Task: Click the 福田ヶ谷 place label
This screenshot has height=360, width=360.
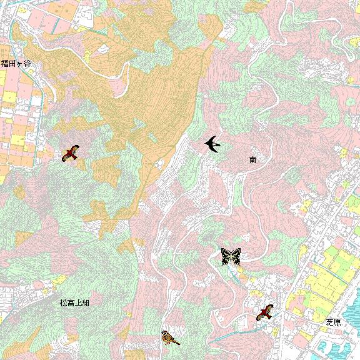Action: pyautogui.click(x=16, y=63)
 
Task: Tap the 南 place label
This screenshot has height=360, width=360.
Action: pyautogui.click(x=252, y=160)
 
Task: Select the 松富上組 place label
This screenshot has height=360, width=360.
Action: pyautogui.click(x=74, y=302)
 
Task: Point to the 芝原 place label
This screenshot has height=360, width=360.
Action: pyautogui.click(x=333, y=322)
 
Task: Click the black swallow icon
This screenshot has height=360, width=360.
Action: pyautogui.click(x=212, y=144)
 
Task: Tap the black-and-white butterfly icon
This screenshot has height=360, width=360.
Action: pyautogui.click(x=231, y=256)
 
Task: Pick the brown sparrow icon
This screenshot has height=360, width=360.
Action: pyautogui.click(x=170, y=338)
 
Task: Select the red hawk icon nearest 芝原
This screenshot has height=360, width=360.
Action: pyautogui.click(x=266, y=312)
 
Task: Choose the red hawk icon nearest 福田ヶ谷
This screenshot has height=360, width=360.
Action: pyautogui.click(x=71, y=152)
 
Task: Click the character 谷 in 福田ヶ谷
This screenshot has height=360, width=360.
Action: pyautogui.click(x=28, y=63)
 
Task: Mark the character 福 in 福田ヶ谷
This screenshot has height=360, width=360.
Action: pyautogui.click(x=4, y=63)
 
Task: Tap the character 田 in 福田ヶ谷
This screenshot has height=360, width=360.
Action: pyautogui.click(x=12, y=63)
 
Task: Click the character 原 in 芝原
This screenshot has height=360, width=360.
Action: pyautogui.click(x=337, y=322)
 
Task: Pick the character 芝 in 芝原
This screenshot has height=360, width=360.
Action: pyautogui.click(x=329, y=322)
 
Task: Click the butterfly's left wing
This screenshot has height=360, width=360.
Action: pyautogui.click(x=226, y=256)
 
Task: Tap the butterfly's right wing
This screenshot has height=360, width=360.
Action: pyautogui.click(x=236, y=256)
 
